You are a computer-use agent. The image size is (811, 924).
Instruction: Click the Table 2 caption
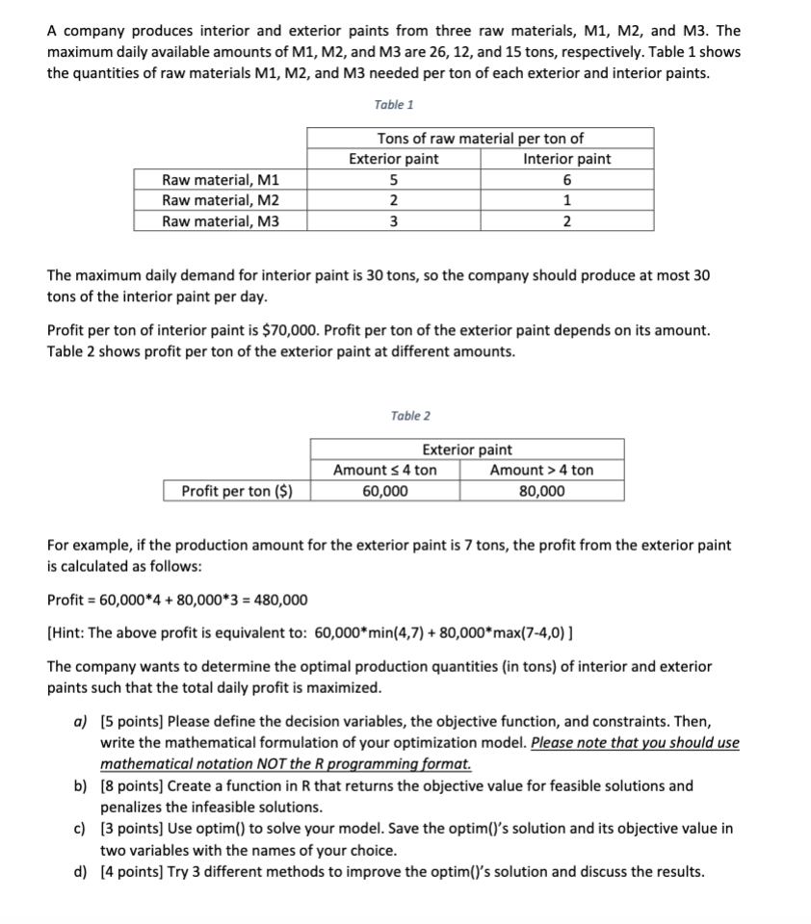410,416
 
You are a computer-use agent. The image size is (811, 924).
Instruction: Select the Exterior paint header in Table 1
393,159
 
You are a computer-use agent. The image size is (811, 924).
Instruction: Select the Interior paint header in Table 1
566,159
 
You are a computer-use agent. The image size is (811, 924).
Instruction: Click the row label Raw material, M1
221,180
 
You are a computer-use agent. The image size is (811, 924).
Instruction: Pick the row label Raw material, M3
221,221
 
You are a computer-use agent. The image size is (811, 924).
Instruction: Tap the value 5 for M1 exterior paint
393,180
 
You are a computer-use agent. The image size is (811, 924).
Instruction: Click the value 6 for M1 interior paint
566,180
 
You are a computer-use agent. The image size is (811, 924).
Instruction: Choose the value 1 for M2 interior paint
566,201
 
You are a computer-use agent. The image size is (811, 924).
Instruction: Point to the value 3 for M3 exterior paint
393,221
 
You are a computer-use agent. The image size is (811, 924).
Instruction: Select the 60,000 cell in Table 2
384,491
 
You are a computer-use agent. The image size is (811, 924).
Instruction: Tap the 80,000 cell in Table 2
541,491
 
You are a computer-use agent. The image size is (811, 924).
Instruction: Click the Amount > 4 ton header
541,470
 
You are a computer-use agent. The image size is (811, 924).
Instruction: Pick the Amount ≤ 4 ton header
384,470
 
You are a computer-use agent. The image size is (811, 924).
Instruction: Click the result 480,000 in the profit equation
279,601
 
